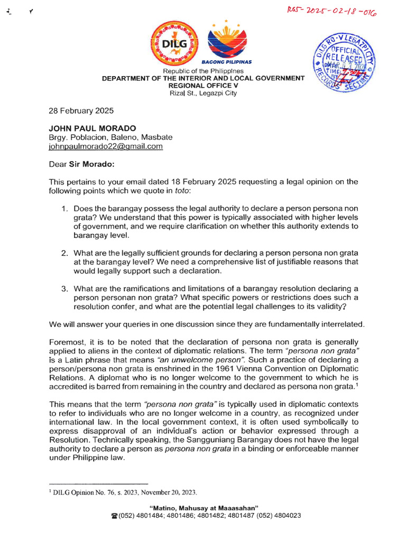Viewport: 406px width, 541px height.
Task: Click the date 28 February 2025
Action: coord(78,111)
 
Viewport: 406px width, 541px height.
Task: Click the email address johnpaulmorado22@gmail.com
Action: coord(106,146)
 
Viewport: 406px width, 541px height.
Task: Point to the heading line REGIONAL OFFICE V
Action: coord(203,85)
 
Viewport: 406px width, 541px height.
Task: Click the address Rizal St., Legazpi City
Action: coord(203,93)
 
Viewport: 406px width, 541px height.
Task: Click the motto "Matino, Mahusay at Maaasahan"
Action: coord(204,508)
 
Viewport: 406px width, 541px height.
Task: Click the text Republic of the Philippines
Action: coord(203,71)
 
